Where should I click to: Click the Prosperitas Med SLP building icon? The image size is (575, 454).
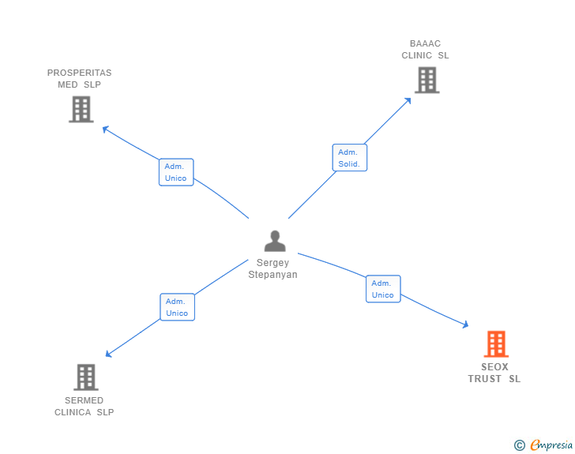[81, 109]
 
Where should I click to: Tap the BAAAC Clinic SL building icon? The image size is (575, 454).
[427, 80]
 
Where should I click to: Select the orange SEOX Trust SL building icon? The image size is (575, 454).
[495, 343]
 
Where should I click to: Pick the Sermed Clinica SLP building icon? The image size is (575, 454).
[86, 377]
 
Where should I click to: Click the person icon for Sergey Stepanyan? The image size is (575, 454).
[274, 241]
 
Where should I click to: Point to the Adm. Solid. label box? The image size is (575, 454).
[349, 158]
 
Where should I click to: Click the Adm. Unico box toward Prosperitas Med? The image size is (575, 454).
[175, 172]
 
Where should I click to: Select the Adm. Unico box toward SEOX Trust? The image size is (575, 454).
[383, 289]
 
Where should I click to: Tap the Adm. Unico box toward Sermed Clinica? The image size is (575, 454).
[177, 307]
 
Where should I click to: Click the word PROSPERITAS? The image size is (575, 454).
[79, 73]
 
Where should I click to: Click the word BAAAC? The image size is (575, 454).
[425, 43]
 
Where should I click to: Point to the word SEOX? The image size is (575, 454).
[494, 367]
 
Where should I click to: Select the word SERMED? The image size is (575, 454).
[84, 400]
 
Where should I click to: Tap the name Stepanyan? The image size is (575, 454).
[273, 275]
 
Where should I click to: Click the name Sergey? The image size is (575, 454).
[273, 263]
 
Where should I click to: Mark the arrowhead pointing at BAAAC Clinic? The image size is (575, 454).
[408, 100]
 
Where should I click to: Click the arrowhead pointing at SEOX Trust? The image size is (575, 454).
[464, 324]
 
